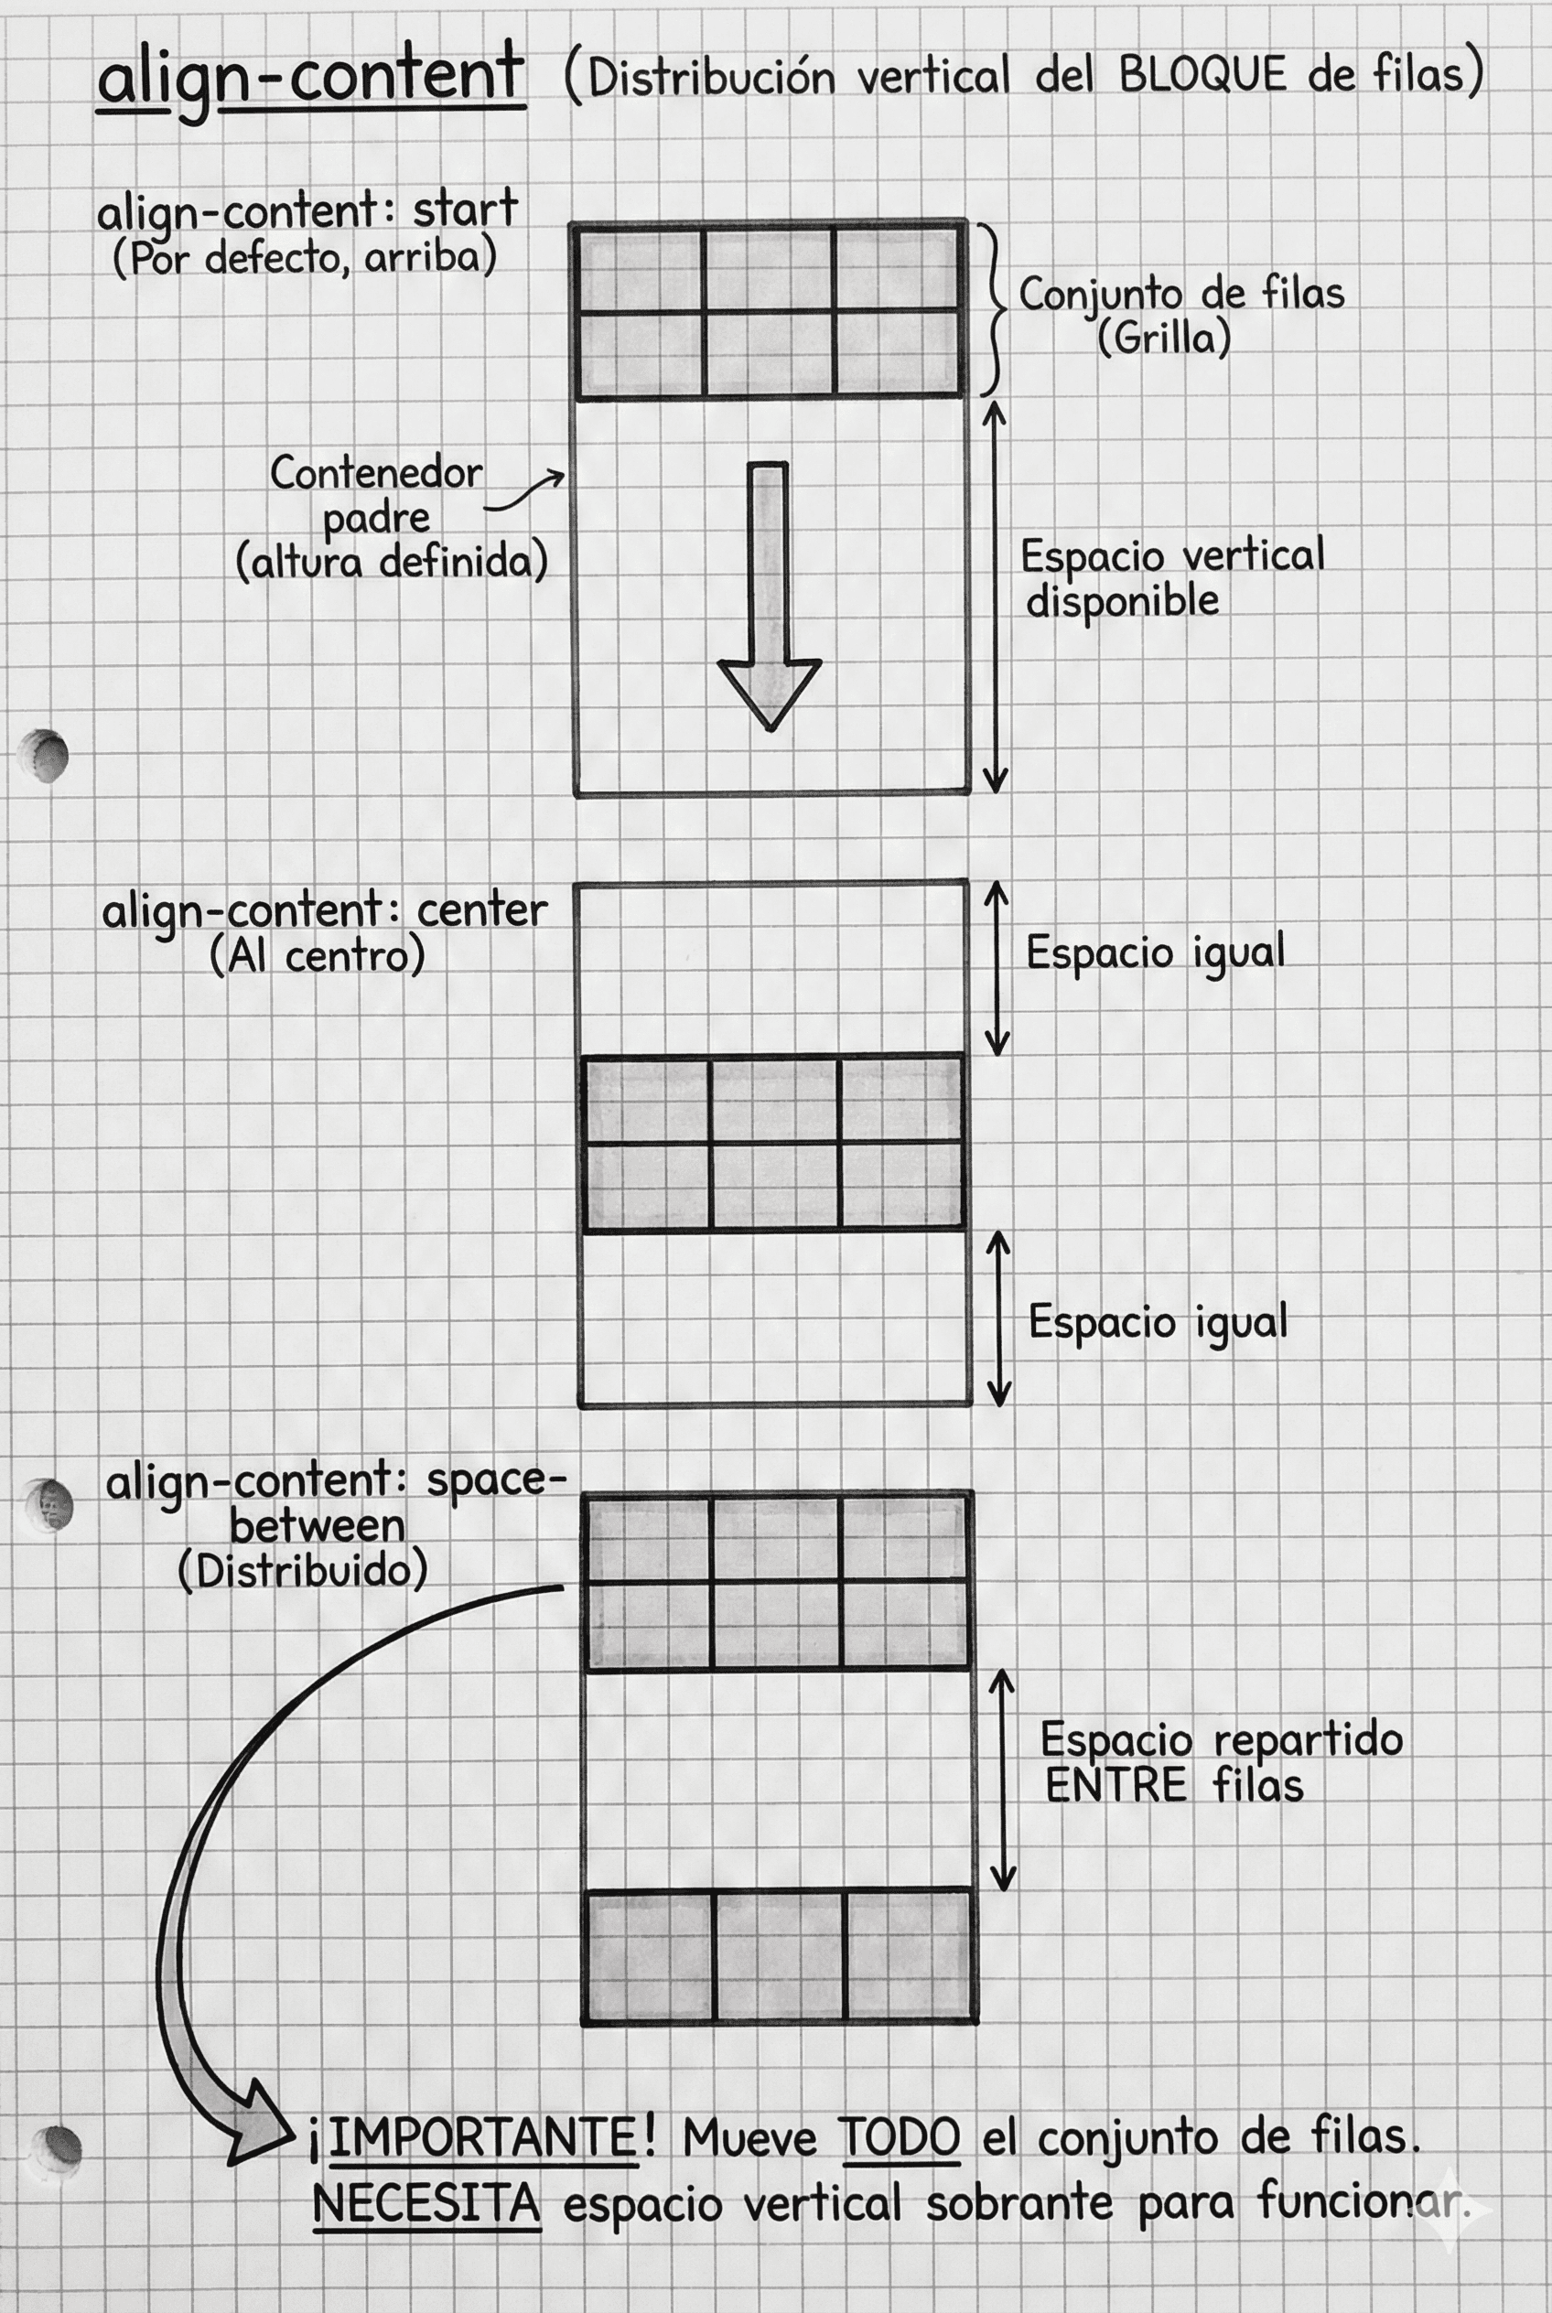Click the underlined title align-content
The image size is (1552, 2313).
[x=310, y=77]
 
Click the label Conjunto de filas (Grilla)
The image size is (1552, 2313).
[x=1180, y=315]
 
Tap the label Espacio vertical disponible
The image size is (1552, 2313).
[x=1172, y=578]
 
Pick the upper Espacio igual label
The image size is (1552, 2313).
[x=1155, y=953]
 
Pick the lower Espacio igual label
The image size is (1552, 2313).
[x=1157, y=1322]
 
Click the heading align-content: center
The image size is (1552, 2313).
[x=324, y=910]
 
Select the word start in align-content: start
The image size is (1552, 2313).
[x=465, y=210]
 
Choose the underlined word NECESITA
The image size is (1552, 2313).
[x=426, y=2202]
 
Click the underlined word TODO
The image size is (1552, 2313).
[x=900, y=2138]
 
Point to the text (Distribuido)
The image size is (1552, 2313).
[x=303, y=1572]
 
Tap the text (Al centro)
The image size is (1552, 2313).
[x=318, y=956]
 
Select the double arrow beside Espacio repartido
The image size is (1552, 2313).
[x=1003, y=1780]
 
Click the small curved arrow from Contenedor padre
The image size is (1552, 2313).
[x=525, y=491]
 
